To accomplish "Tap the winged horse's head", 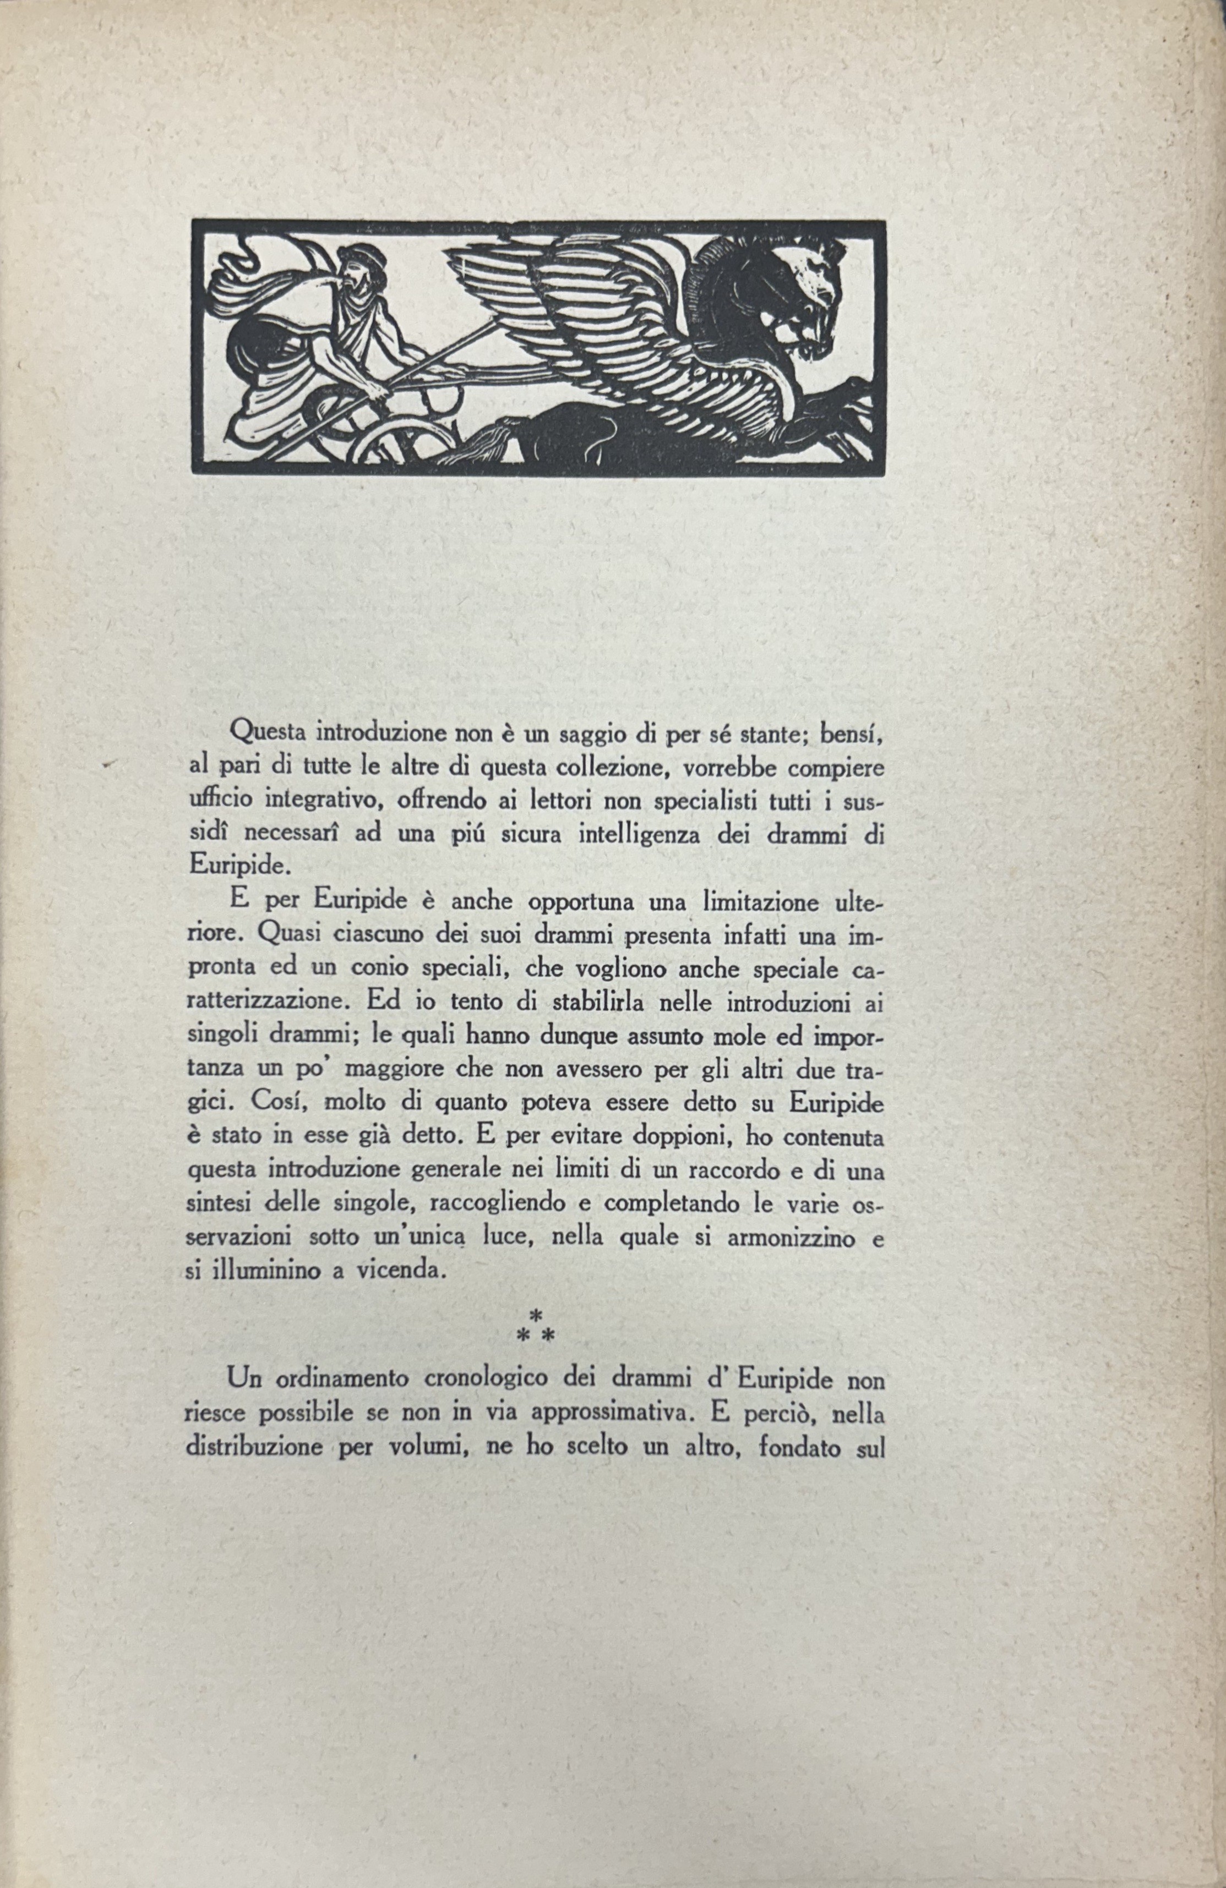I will coord(802,293).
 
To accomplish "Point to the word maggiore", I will coord(383,1071).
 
